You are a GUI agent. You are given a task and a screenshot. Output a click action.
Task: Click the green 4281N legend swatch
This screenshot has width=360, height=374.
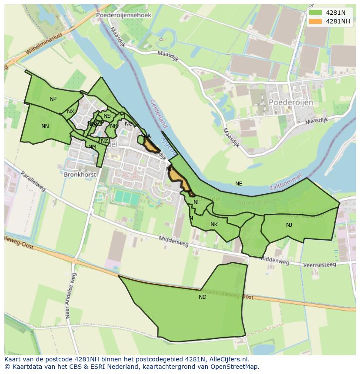pos(315,13)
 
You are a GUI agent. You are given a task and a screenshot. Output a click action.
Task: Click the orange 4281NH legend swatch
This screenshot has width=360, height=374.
pos(315,21)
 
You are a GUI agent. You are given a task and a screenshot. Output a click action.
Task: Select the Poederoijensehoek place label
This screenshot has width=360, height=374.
pos(123,15)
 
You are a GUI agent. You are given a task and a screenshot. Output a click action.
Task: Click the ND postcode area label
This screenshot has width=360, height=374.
pos(203,297)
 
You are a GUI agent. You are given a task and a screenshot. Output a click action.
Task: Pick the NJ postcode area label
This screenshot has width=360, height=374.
pos(289,225)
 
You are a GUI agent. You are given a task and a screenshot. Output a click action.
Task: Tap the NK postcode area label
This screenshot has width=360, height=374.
pos(214,225)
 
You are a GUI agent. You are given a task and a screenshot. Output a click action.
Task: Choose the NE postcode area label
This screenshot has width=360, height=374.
pos(239,184)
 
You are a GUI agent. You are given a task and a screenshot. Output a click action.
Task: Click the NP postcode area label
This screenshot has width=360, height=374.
pos(53,99)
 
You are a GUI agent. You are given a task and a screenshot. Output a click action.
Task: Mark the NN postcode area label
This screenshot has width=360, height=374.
pos(45,126)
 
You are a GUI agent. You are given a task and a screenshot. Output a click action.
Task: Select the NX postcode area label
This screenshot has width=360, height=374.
pos(70,112)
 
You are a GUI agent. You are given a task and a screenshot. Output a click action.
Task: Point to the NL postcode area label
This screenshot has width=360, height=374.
pos(197,202)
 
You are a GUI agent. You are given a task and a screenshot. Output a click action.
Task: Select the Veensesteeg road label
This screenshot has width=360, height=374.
pos(320,265)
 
